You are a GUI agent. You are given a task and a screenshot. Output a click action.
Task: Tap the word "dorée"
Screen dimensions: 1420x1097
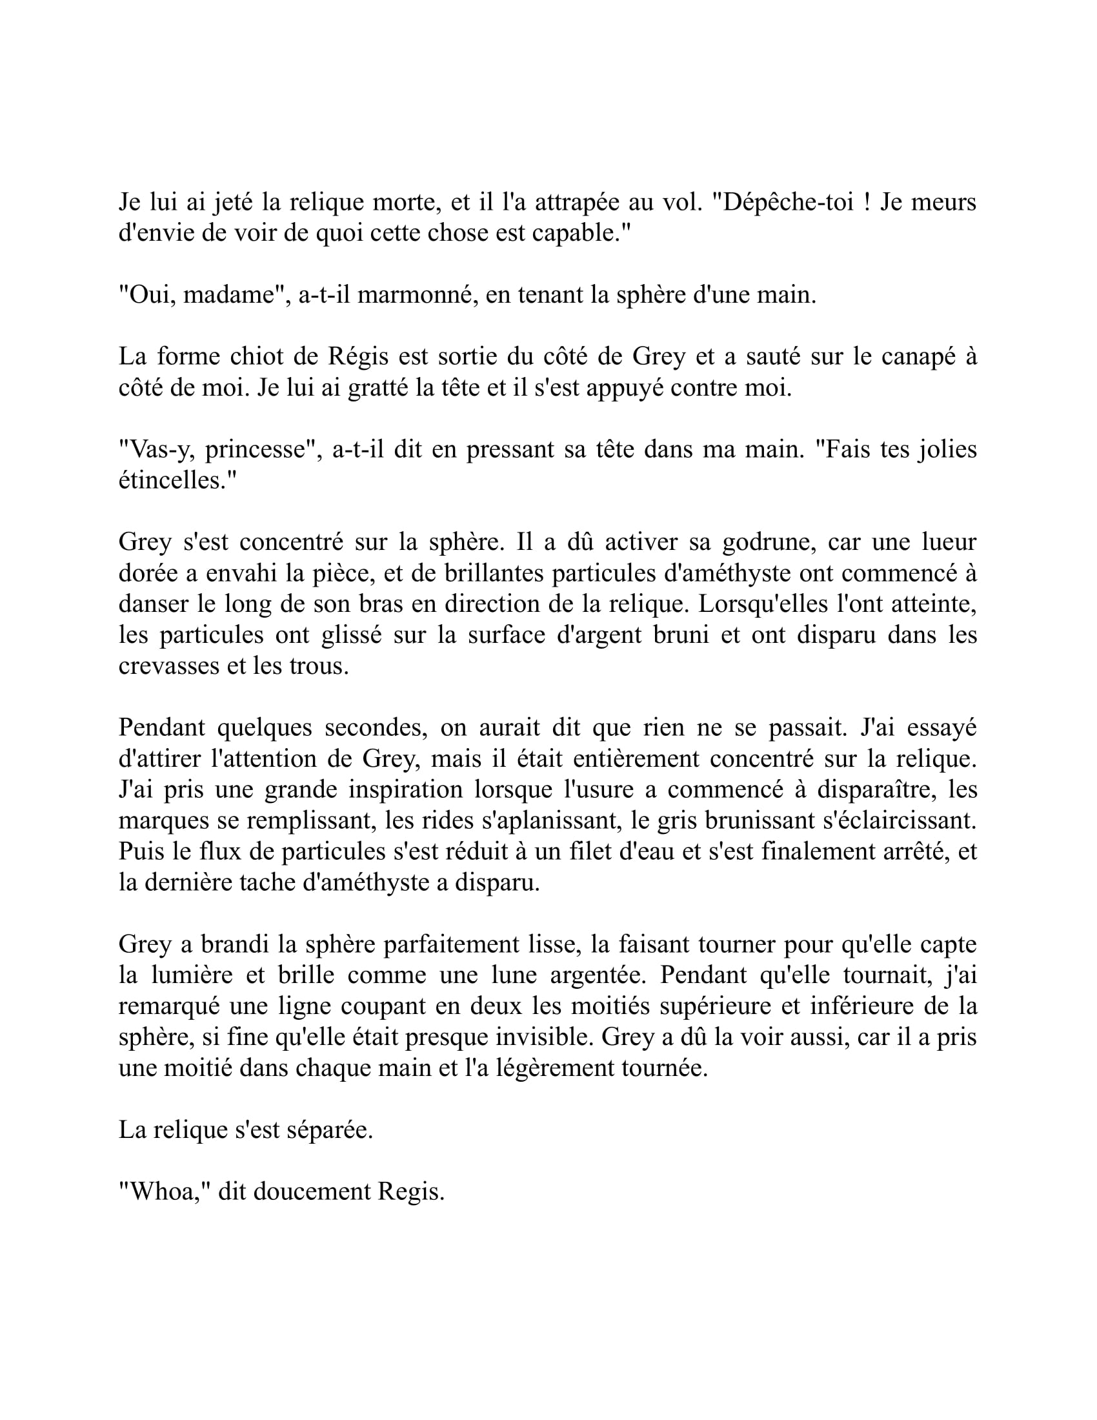148,573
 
